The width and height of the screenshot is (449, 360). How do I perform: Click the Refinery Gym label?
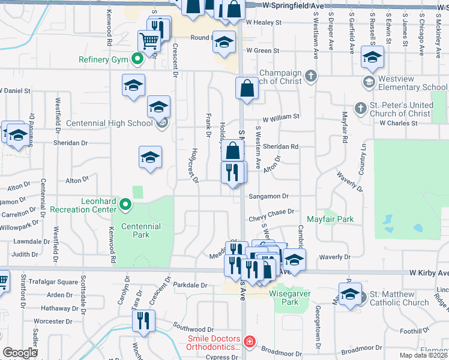point(104,59)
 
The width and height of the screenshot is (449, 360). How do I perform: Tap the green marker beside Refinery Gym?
point(137,59)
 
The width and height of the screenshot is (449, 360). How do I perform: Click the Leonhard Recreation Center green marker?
point(125,205)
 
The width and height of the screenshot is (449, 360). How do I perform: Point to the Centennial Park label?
point(141,230)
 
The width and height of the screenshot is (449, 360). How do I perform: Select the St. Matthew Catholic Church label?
point(399,298)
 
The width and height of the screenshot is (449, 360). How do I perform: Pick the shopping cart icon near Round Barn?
point(149,41)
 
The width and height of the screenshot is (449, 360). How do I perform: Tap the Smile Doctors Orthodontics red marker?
point(249,343)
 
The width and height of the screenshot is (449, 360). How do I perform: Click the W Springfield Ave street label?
point(297,5)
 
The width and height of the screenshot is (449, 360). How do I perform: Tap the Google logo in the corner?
point(20,353)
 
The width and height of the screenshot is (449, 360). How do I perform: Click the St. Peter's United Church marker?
point(360,109)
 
